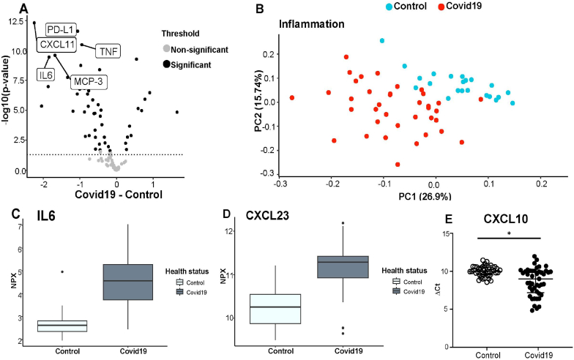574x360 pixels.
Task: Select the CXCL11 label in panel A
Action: coord(58,45)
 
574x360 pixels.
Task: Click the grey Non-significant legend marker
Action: coord(167,49)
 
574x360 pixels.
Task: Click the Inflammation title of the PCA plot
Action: coord(313,24)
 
